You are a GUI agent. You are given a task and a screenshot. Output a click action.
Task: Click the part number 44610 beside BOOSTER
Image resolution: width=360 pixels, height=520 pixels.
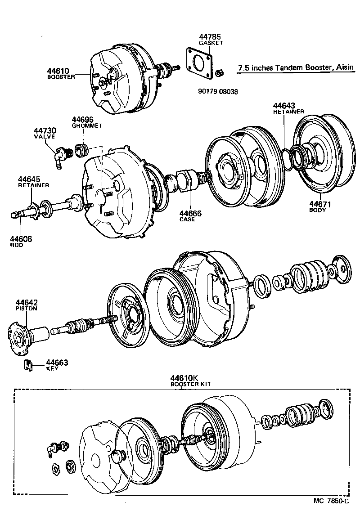point(58,71)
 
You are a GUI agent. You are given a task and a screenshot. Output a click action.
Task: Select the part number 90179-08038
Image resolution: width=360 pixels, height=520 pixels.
point(218,91)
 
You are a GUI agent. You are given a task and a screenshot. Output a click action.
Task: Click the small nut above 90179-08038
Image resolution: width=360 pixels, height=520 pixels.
point(219,72)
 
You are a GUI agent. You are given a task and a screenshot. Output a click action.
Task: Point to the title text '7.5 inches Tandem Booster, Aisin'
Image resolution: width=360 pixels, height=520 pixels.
point(295,67)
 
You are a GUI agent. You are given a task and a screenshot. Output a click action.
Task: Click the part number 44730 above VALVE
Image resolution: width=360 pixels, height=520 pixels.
point(45,130)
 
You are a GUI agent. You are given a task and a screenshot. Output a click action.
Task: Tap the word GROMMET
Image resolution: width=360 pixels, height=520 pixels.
point(87,126)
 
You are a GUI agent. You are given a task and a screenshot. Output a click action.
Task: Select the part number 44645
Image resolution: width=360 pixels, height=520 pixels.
point(29,179)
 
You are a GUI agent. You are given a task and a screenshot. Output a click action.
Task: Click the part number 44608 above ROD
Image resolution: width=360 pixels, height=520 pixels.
point(21,239)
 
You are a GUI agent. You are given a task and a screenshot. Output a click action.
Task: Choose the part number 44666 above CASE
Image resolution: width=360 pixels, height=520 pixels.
point(190,213)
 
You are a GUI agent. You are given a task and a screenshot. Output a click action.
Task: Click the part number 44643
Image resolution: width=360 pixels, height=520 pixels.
point(284,106)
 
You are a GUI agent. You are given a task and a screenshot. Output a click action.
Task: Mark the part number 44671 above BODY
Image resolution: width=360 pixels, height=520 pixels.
point(320,204)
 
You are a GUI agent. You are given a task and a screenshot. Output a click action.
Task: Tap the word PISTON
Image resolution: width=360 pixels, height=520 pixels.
point(27,309)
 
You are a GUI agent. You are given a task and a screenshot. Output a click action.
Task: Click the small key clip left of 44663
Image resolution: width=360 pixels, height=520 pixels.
point(28,365)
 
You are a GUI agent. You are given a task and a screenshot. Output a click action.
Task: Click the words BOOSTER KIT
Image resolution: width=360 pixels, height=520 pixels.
point(190,384)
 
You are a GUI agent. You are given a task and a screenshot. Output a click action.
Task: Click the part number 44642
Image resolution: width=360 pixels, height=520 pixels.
point(27,302)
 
